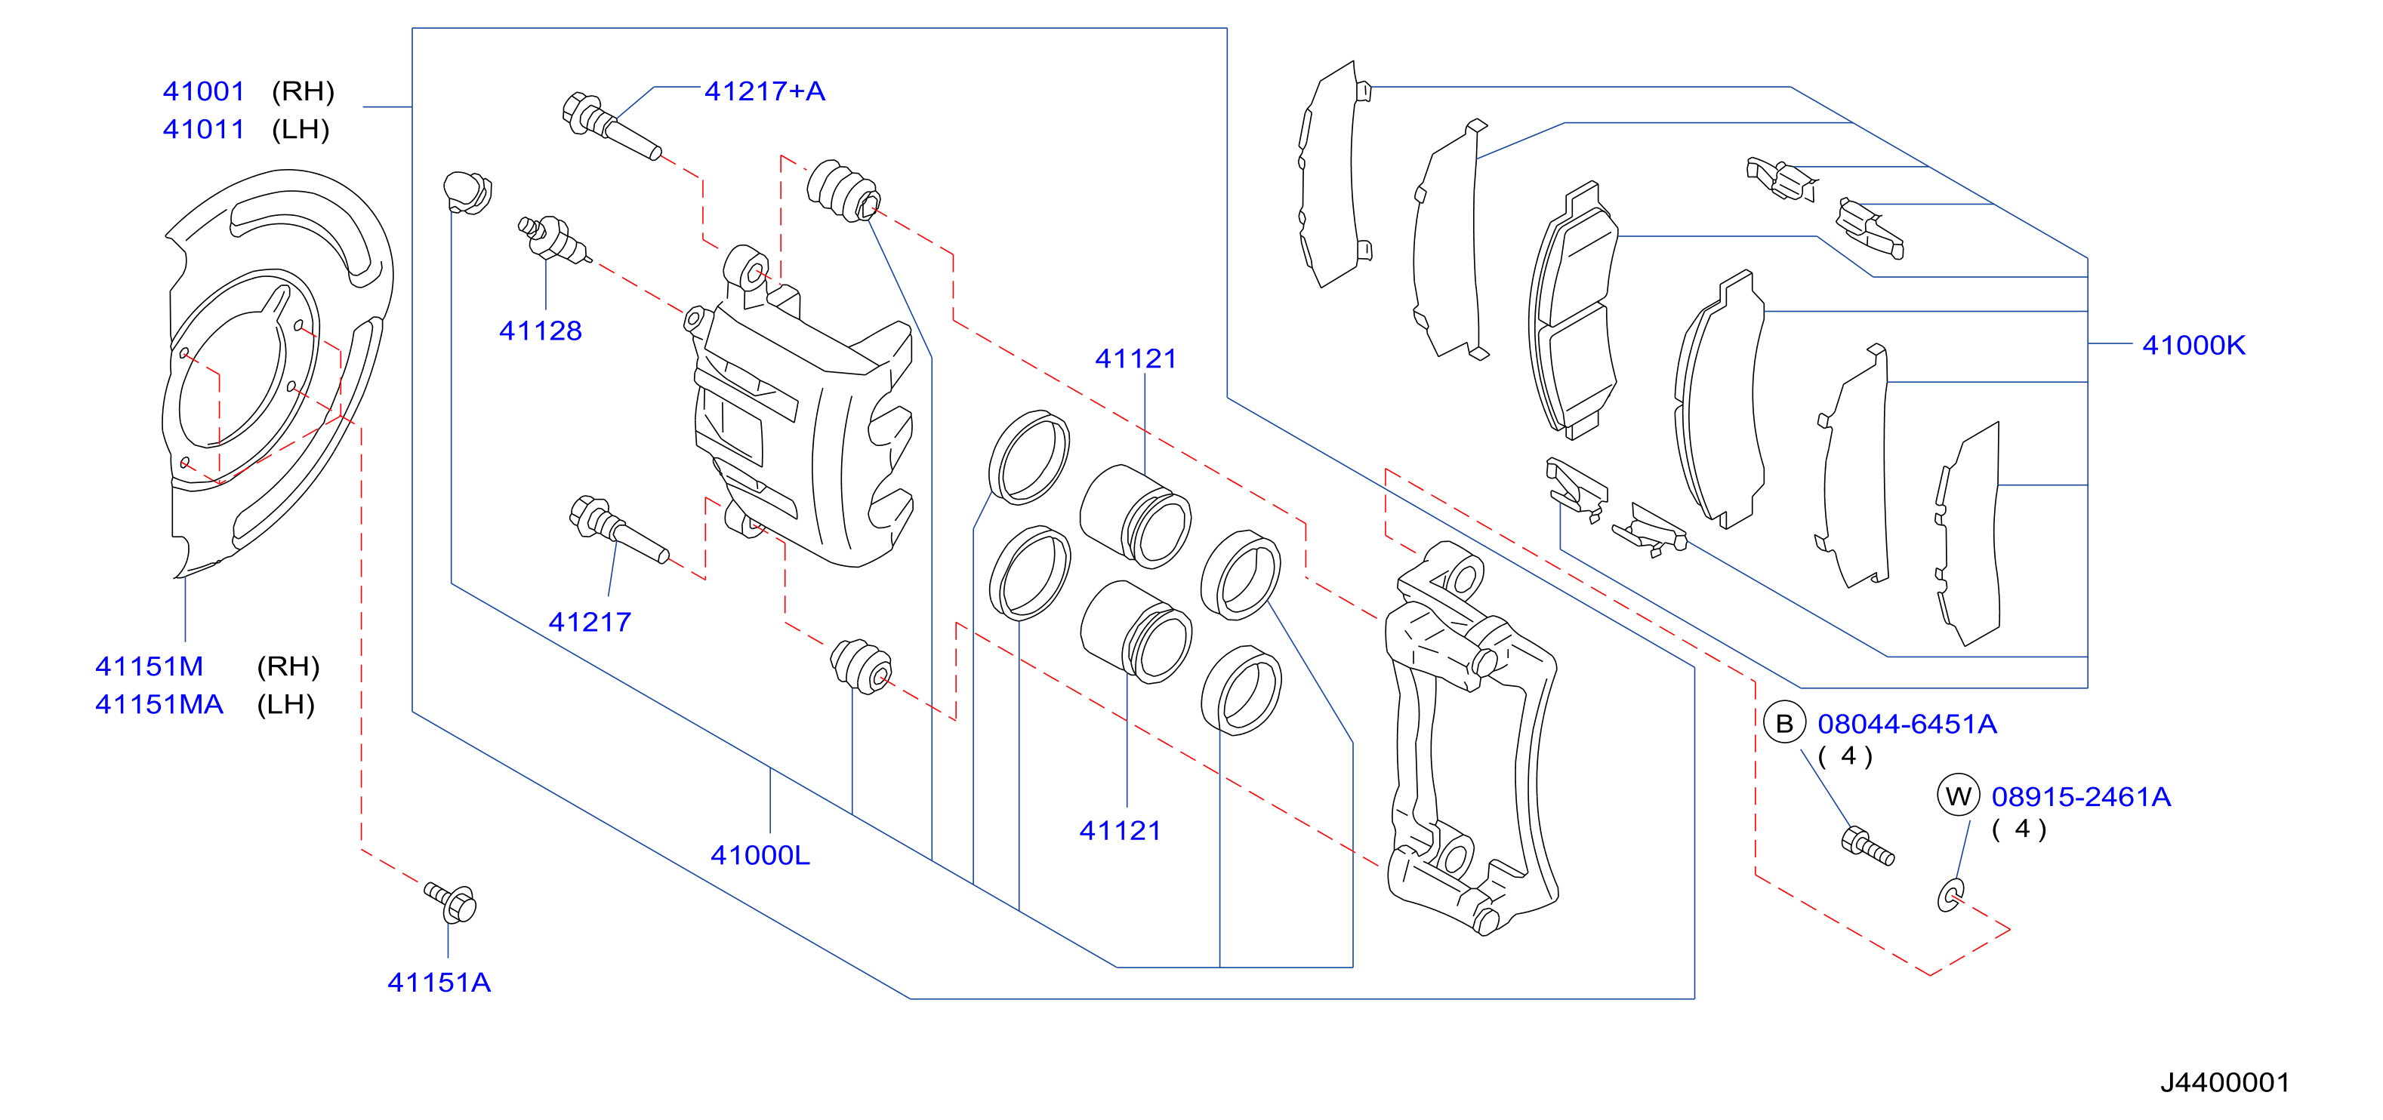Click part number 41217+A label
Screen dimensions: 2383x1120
coord(764,91)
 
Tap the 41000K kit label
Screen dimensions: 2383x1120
coord(2193,345)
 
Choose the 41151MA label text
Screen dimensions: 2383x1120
coord(159,705)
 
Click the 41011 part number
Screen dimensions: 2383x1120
coord(204,130)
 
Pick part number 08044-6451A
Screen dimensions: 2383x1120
coord(1907,725)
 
